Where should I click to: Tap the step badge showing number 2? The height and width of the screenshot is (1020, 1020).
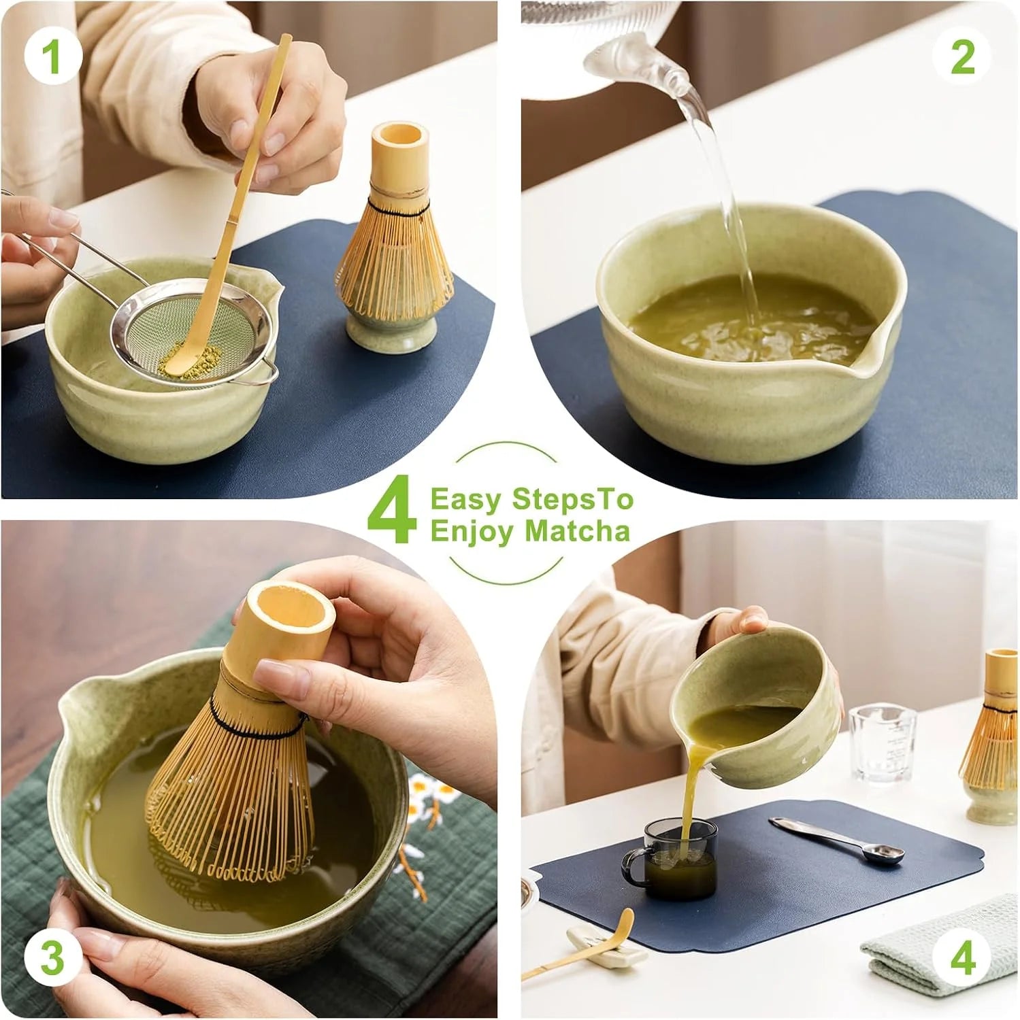coord(962,57)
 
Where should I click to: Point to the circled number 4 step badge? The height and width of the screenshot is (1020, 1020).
coord(962,959)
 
